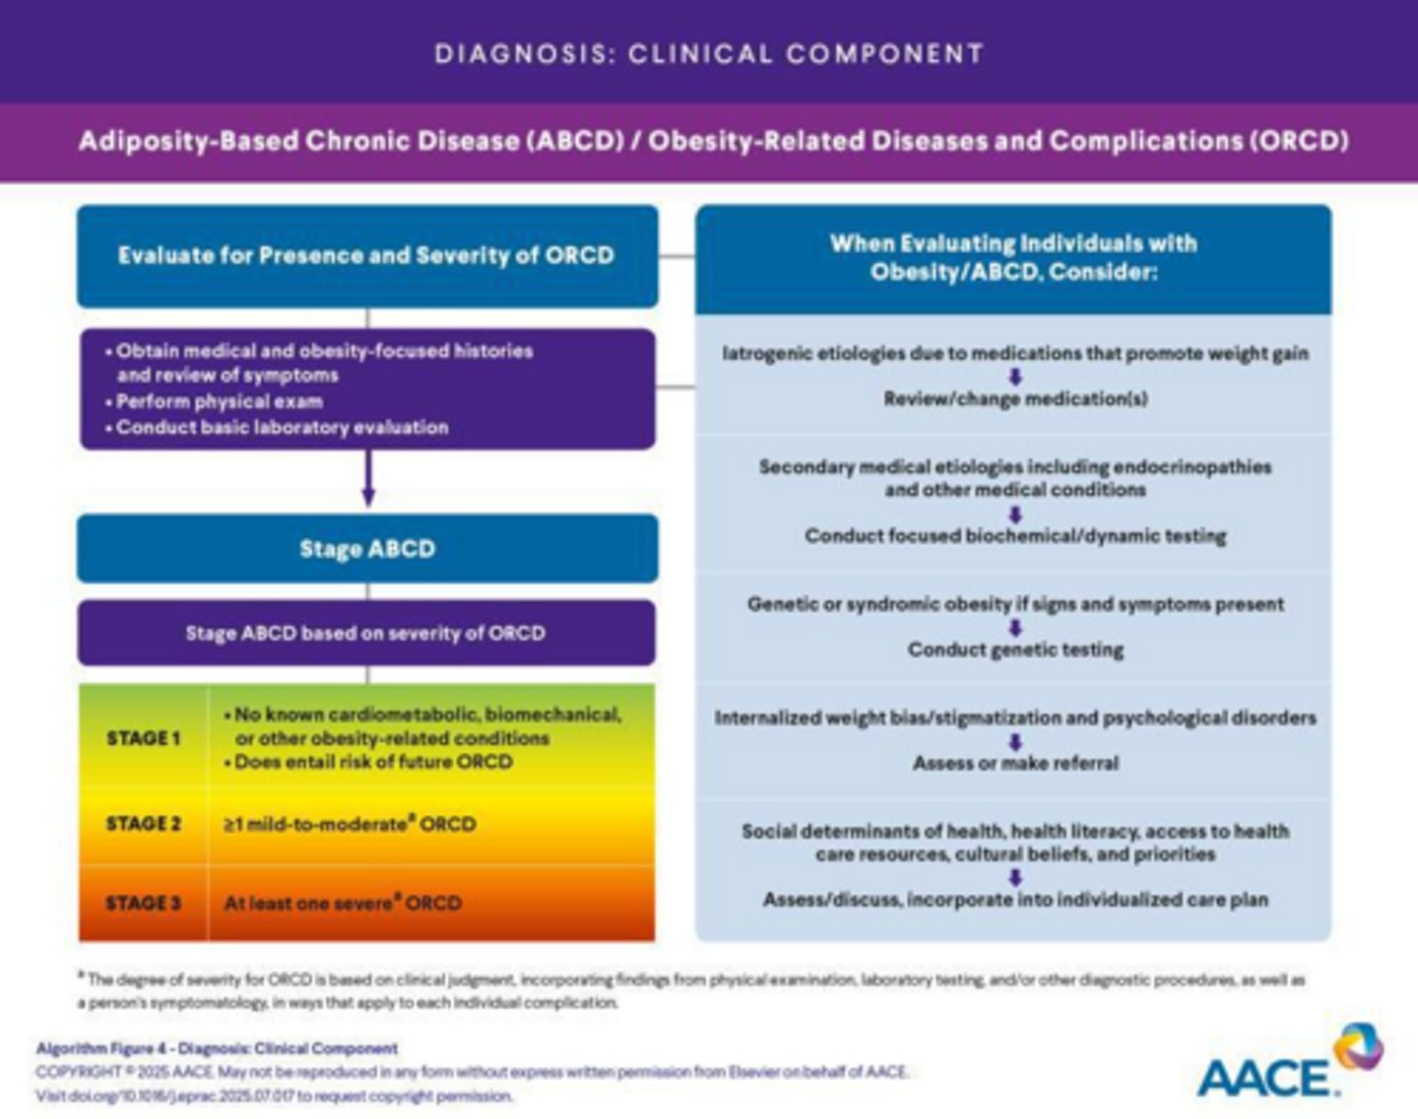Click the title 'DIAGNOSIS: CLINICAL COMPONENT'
(709, 53)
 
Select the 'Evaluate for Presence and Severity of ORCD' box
(366, 256)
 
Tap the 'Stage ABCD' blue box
(366, 548)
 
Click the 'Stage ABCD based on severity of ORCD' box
(365, 633)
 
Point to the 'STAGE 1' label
(144, 738)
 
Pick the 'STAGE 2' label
(144, 824)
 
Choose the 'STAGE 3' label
(144, 902)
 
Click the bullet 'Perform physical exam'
(219, 402)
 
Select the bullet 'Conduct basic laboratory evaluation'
(282, 427)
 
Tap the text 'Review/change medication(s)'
(1015, 399)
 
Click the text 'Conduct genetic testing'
(1015, 650)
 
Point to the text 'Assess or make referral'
(1015, 763)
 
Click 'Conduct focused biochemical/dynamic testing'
(1015, 536)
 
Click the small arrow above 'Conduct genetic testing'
(1015, 628)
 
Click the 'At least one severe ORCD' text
(343, 902)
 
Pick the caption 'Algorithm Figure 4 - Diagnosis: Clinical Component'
(217, 1048)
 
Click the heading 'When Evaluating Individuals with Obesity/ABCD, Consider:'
(1013, 257)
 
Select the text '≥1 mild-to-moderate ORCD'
(350, 824)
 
